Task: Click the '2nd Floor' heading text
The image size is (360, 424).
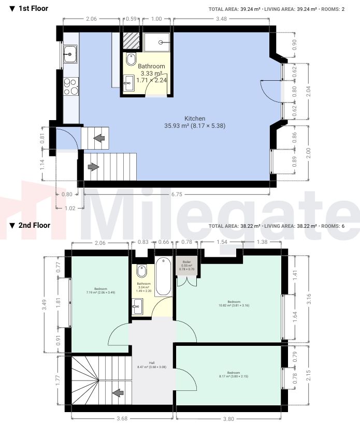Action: (x=34, y=225)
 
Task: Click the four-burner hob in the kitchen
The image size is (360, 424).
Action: (x=69, y=86)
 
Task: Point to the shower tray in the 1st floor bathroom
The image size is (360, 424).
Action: (x=158, y=42)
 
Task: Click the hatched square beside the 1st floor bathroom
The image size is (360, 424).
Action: (x=130, y=40)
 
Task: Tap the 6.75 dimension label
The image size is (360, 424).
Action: (x=174, y=195)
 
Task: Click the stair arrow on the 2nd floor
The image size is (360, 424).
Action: (x=118, y=393)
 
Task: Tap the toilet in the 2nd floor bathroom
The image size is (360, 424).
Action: (x=142, y=271)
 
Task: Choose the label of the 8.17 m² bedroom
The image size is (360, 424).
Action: (x=234, y=375)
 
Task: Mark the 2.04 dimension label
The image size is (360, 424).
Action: (x=309, y=92)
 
